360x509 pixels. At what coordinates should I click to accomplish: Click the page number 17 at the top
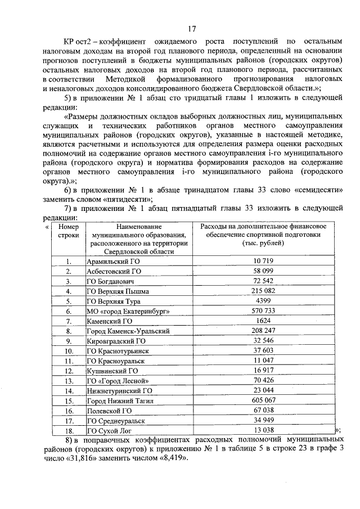(x=191, y=29)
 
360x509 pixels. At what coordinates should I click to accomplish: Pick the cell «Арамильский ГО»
(x=113, y=262)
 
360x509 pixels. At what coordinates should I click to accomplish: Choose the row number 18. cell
(x=69, y=431)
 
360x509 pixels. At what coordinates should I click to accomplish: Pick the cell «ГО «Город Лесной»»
(x=116, y=381)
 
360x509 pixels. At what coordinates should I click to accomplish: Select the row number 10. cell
(x=69, y=351)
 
